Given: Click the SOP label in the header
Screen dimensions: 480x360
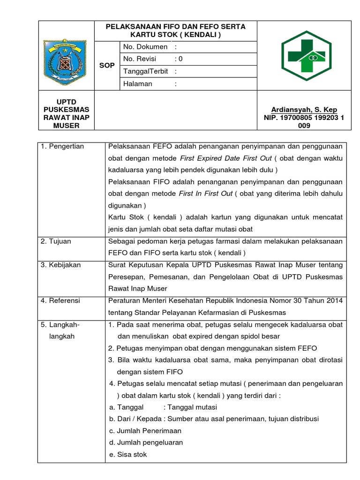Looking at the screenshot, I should [107, 65].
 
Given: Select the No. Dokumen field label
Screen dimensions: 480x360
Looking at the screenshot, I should [145, 47].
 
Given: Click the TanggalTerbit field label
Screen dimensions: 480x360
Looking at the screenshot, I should [146, 71].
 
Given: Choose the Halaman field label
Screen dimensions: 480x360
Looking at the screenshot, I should [137, 83].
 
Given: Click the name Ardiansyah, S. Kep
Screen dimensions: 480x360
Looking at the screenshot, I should [304, 110].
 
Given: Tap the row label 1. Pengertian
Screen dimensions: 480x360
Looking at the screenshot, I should [62, 146].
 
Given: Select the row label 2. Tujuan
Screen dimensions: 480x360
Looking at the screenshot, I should [56, 241].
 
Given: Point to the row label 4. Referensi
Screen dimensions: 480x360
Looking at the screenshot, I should [60, 300].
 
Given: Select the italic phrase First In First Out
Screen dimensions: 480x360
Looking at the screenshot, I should [206, 194].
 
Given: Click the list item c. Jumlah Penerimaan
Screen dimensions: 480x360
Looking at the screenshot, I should [145, 431].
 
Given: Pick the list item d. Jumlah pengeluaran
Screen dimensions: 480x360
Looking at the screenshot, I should [146, 442].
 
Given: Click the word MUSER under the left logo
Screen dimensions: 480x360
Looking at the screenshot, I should [66, 126].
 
